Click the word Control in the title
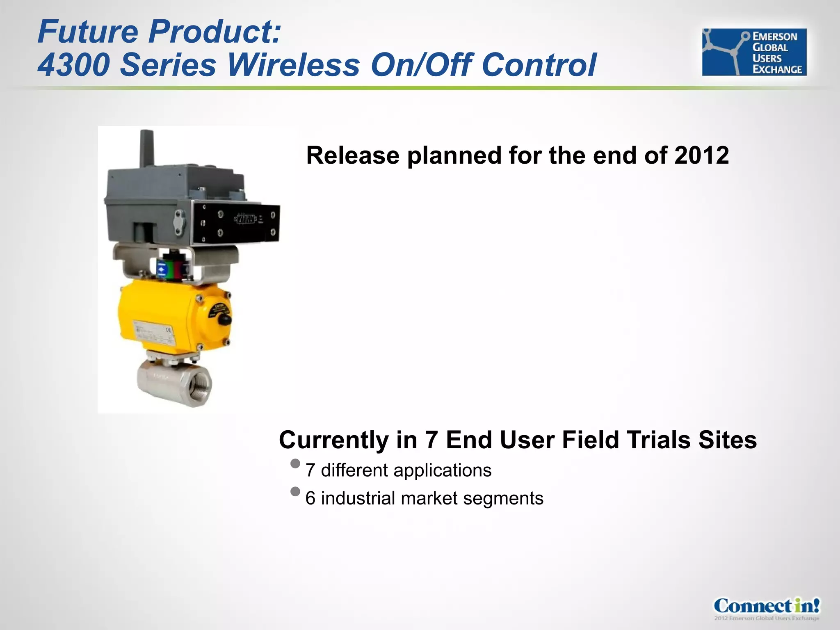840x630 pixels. pos(539,65)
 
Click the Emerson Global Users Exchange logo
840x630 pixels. pos(754,52)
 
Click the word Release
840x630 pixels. pos(353,156)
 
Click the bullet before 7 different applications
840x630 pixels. pos(295,464)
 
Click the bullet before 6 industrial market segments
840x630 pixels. pos(295,491)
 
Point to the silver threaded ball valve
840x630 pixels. pos(174,383)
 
